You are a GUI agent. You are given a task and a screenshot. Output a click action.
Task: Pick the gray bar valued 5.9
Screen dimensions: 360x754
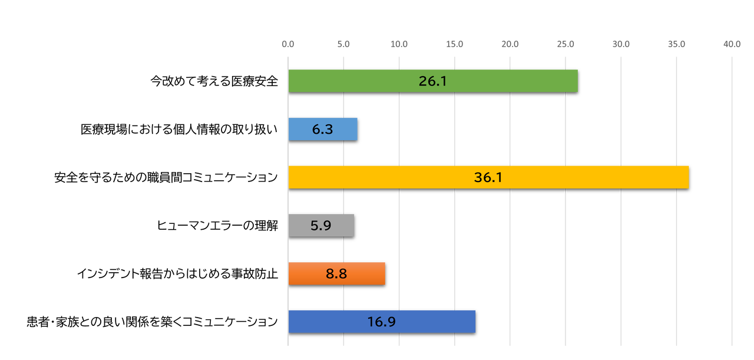coord(339,225)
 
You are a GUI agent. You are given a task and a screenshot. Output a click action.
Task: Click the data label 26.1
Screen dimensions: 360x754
coord(433,81)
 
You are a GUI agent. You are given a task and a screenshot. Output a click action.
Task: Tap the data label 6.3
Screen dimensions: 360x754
coord(323,130)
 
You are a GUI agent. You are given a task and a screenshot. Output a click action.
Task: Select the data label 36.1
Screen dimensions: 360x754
coord(488,177)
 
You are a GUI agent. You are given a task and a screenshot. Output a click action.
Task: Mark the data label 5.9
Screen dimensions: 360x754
coord(321,226)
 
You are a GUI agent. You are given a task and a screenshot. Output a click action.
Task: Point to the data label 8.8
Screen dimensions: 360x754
coord(336,274)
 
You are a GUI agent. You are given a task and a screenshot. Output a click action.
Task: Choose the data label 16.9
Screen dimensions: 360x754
coord(382,322)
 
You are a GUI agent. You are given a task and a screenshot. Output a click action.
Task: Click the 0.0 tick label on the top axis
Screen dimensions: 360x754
coord(288,44)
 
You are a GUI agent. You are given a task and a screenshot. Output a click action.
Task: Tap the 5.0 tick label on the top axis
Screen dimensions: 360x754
coord(343,44)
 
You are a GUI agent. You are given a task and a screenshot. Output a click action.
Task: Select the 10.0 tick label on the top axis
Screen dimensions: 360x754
coord(399,44)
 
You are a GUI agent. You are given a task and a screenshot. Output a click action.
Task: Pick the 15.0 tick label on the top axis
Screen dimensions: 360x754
coord(454,44)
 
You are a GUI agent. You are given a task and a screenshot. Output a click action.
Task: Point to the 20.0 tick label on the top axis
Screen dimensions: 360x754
coord(510,44)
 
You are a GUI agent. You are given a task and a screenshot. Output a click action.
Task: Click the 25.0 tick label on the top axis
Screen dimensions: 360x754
coord(565,44)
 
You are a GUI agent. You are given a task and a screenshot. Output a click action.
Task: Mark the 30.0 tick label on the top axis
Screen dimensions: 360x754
coord(621,44)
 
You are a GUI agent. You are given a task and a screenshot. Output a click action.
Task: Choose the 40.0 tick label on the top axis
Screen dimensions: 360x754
coord(732,44)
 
